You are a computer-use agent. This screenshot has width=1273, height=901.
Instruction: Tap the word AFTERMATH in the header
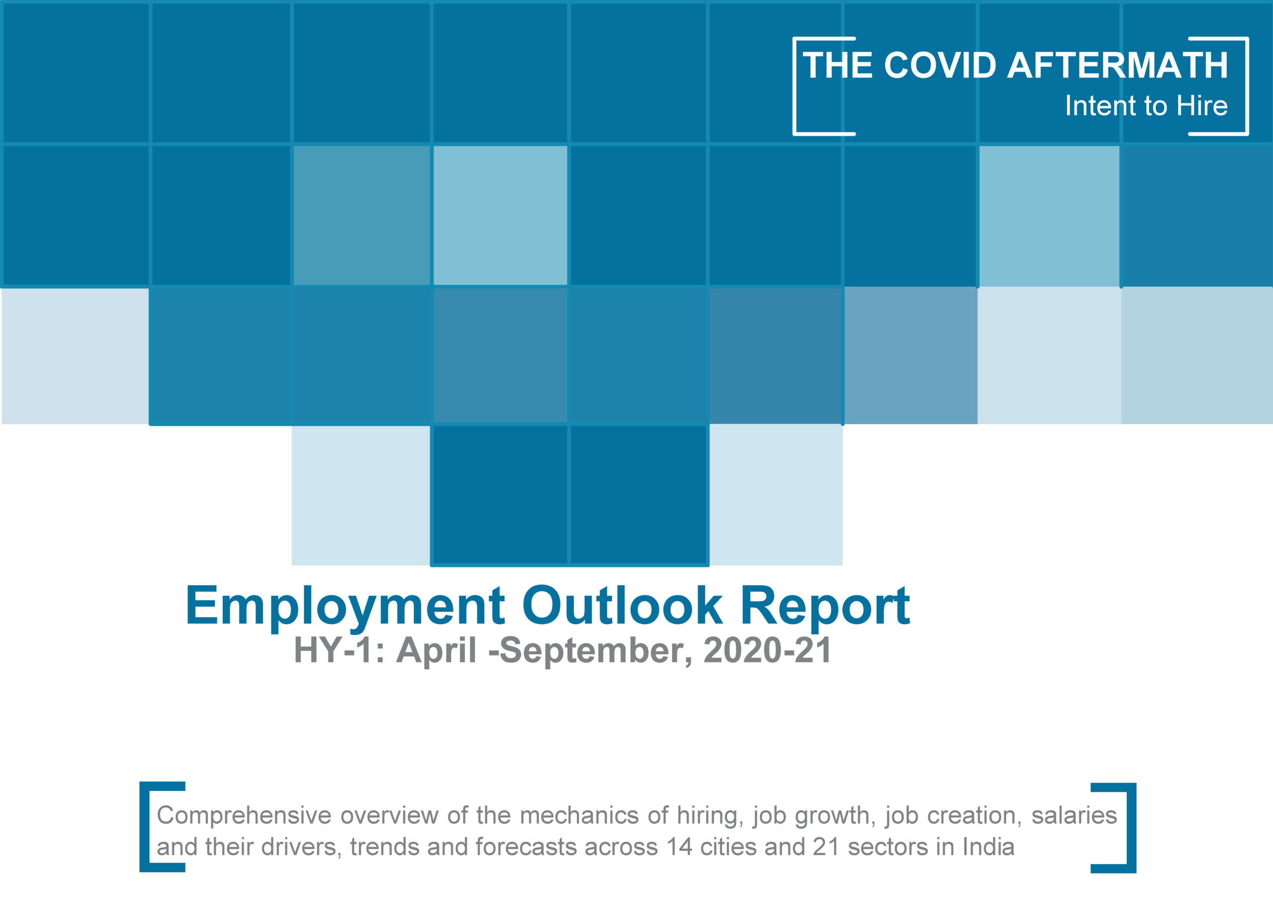point(1118,65)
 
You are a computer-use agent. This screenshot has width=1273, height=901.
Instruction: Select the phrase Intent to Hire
point(1146,105)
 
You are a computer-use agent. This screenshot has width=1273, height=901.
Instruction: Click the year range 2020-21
point(767,650)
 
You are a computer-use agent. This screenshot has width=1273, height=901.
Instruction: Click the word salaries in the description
point(1075,815)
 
